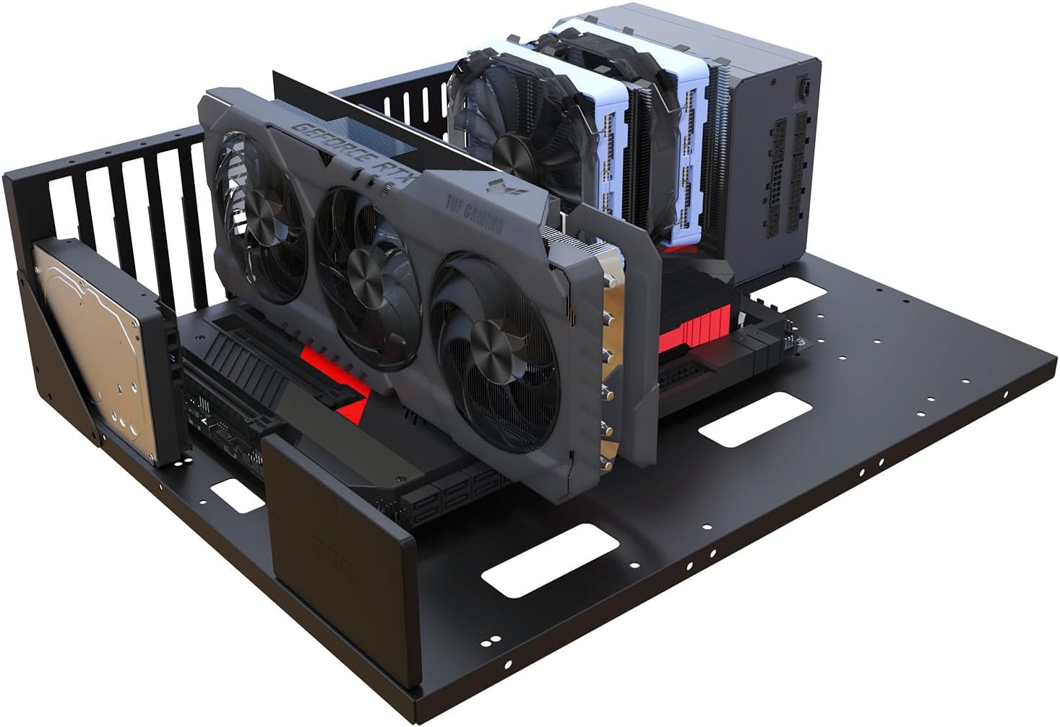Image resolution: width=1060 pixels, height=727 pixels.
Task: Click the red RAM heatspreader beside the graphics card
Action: click(x=704, y=322)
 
